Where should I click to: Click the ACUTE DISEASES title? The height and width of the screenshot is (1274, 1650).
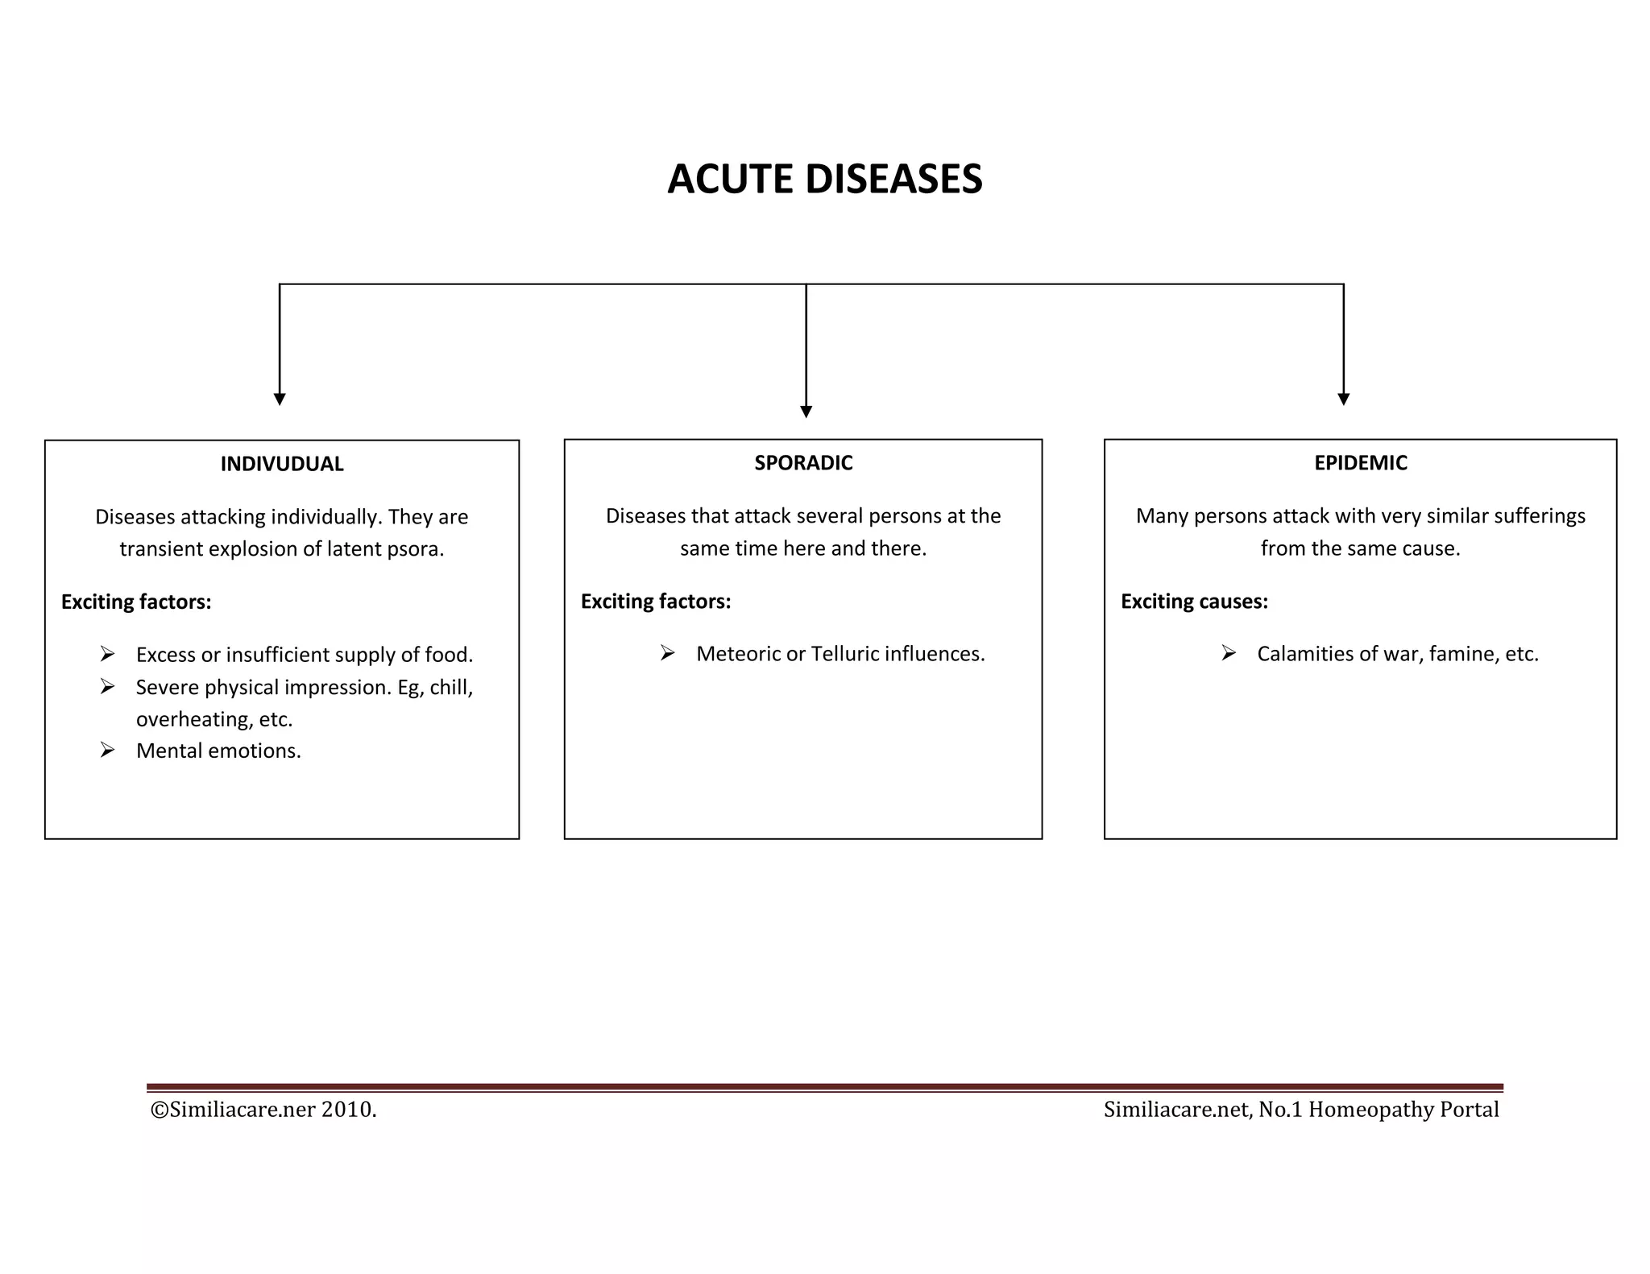tap(824, 179)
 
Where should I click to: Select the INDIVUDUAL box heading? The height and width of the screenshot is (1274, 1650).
tap(281, 464)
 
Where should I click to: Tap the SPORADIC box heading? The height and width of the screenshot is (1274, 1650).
tap(802, 463)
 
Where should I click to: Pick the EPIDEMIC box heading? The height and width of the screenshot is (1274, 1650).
tap(1360, 463)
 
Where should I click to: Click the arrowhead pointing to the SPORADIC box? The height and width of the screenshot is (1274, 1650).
tap(806, 412)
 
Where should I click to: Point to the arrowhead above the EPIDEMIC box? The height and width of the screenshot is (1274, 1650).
tap(1343, 399)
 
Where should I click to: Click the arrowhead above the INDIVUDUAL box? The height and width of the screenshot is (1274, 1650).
tap(280, 399)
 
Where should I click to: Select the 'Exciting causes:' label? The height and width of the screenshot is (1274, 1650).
tap(1194, 602)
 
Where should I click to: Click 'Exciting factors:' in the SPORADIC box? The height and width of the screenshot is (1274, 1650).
tap(655, 602)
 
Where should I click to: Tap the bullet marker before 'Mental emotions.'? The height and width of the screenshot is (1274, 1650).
tap(107, 751)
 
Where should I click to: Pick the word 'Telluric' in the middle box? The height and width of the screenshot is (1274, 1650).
tap(844, 654)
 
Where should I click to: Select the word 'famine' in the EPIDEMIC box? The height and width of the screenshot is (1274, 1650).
tap(1457, 654)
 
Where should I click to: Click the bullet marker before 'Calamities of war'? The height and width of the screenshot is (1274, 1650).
tap(1228, 653)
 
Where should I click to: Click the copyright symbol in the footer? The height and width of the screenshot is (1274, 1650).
tap(159, 1110)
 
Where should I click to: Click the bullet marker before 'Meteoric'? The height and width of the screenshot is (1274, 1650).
tap(667, 653)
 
